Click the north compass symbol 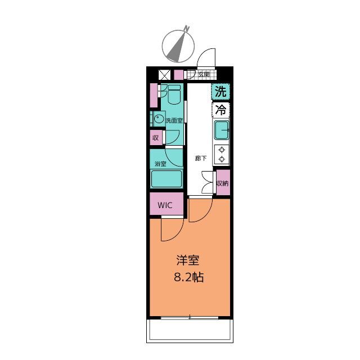179,44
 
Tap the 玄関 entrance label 203,74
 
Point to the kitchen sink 221,130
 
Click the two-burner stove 222,154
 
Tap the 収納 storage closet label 223,183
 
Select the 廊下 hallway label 200,158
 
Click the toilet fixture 173,96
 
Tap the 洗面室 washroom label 173,120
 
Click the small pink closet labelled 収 155,138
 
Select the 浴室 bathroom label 160,164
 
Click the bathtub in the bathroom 166,179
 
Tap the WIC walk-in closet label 165,205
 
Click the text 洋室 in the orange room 188,260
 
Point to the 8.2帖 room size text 188,277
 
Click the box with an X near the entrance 165,74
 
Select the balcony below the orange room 190,331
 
